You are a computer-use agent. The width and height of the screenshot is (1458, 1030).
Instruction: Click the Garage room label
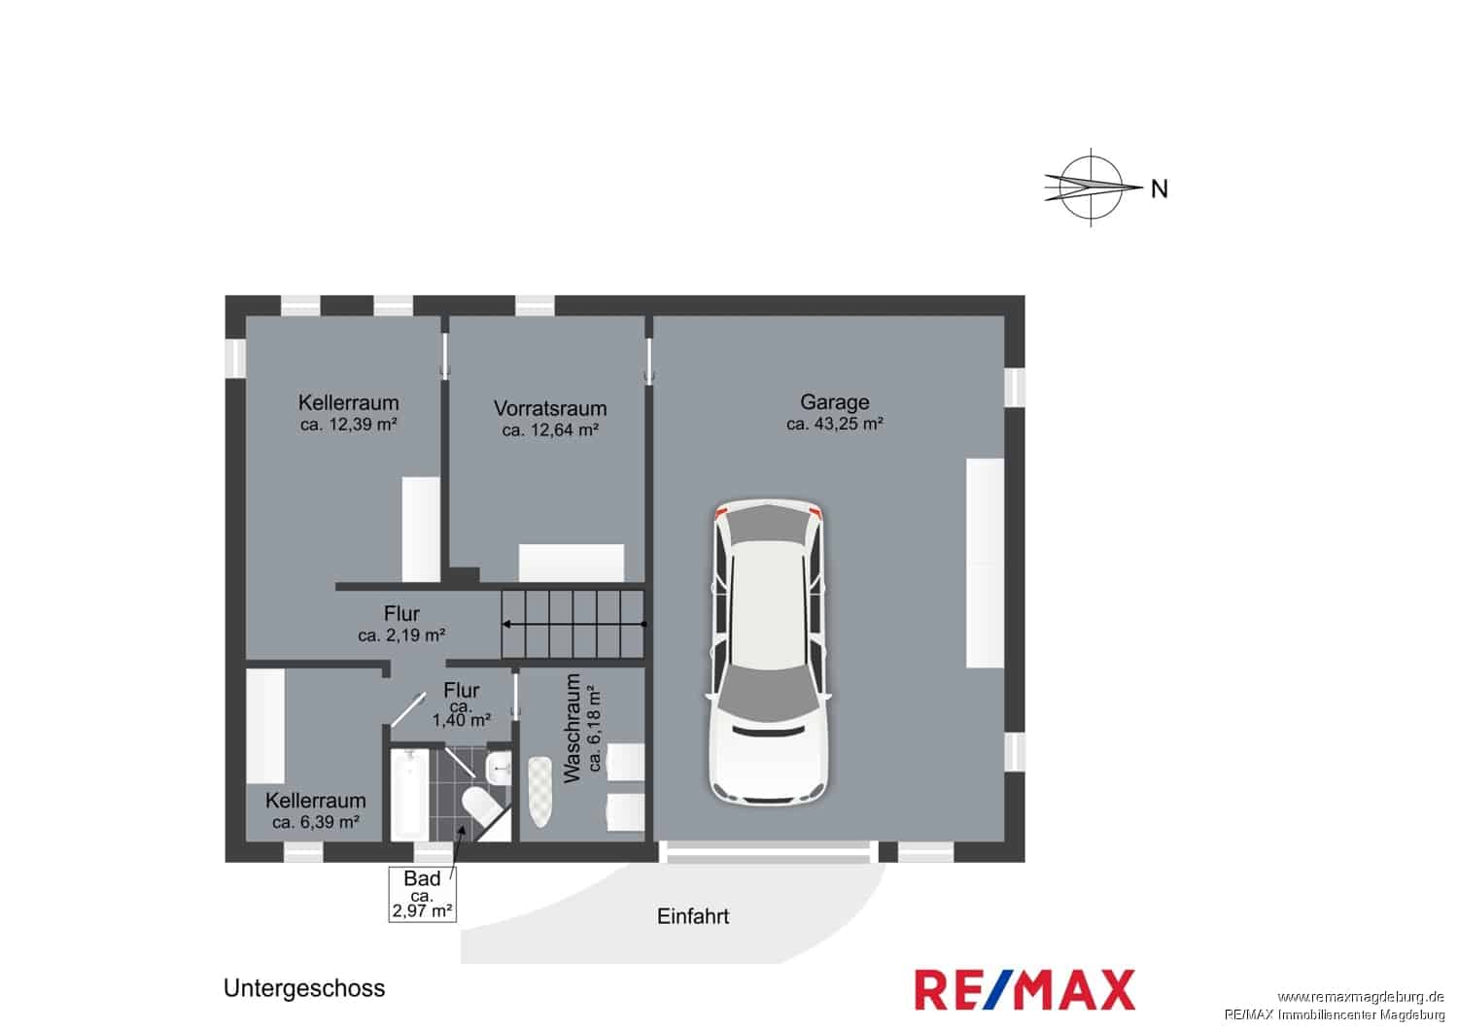point(834,402)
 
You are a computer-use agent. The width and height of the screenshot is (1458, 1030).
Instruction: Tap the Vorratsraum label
point(550,409)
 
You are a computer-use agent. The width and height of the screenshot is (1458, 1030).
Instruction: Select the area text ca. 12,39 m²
point(348,425)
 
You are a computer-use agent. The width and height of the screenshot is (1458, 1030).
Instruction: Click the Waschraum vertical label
point(571,728)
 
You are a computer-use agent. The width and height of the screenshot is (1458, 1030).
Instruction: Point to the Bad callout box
point(422,894)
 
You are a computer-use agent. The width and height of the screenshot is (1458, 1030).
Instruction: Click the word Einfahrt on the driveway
point(692,916)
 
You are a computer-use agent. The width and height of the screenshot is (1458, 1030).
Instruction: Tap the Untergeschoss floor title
point(304,987)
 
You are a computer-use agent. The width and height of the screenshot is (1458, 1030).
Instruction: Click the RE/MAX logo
point(1024,990)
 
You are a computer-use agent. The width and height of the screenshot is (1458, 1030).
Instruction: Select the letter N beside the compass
point(1160,189)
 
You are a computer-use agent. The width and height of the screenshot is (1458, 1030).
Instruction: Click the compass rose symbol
point(1092,188)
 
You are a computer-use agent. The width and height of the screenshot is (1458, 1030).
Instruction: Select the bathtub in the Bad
point(409,795)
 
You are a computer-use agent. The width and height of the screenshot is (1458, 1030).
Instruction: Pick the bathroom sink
point(499,769)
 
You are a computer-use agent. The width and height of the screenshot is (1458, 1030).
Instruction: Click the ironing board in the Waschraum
point(539,791)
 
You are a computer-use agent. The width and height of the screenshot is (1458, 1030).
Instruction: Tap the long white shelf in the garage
point(985,563)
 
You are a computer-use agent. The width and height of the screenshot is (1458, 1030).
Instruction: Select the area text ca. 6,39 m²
point(316,822)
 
